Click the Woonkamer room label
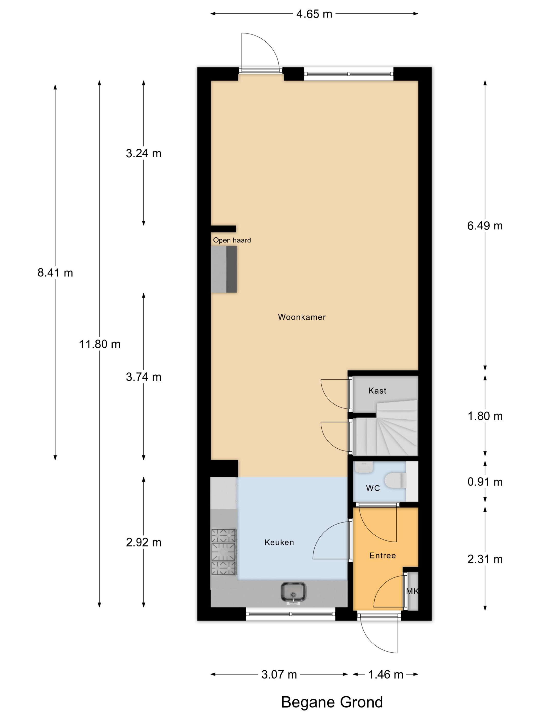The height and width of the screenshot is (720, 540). (x=301, y=317)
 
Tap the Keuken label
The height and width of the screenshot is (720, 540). (x=279, y=542)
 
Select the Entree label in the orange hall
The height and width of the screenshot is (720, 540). (x=382, y=555)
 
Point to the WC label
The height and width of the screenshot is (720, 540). (x=373, y=488)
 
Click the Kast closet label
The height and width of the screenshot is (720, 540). (x=377, y=391)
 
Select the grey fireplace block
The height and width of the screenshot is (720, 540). (x=224, y=269)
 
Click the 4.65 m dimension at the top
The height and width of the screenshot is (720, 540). (x=314, y=14)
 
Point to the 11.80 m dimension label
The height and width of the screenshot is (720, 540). (x=100, y=344)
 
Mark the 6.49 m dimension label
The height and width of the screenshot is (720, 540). (x=485, y=226)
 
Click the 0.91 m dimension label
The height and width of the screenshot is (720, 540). (x=485, y=482)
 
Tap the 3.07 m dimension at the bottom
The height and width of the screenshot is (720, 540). (x=279, y=674)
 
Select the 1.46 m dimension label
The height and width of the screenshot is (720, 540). (x=386, y=674)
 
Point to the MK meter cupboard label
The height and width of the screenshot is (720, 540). (x=412, y=591)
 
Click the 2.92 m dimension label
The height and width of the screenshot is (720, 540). (x=143, y=542)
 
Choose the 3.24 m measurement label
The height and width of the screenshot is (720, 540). (x=143, y=153)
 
